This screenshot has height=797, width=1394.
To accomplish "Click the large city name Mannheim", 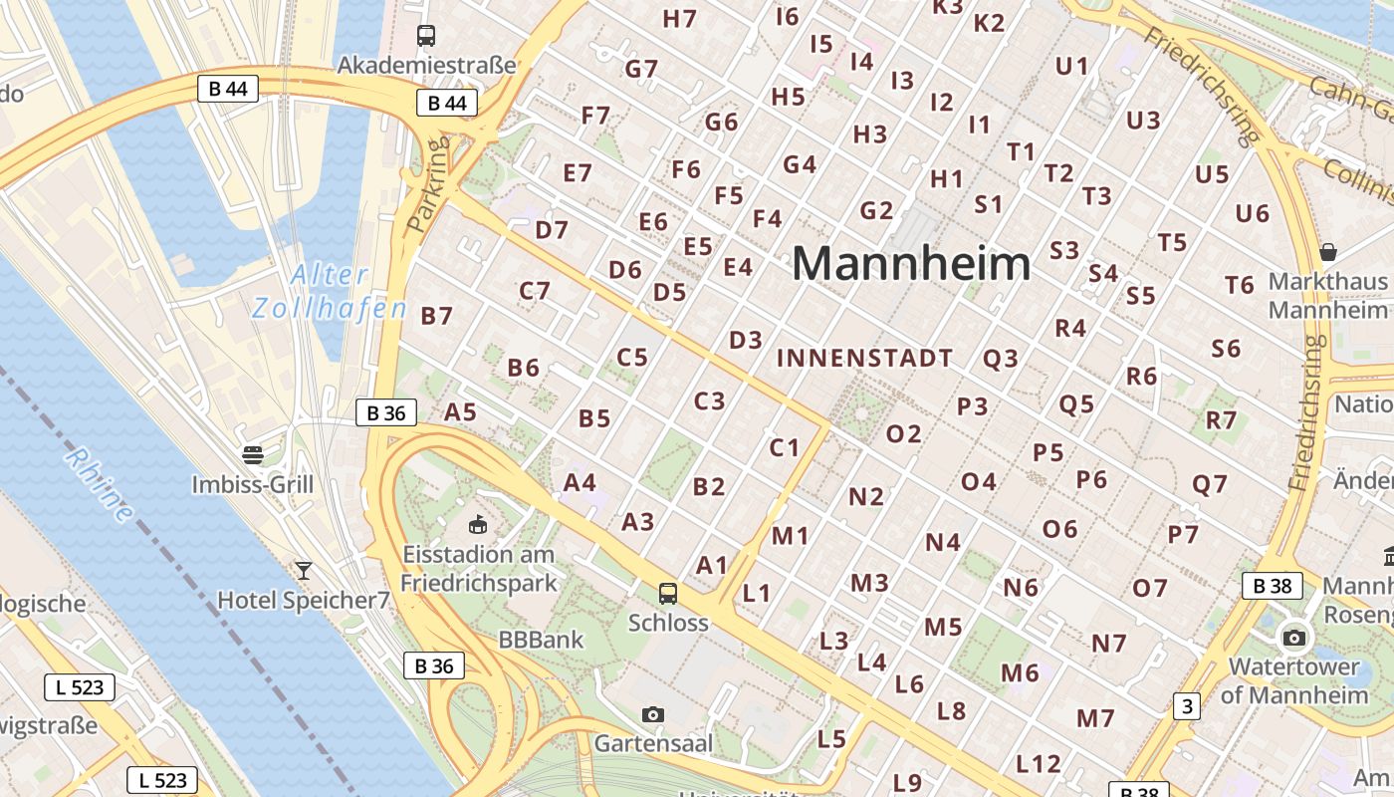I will [x=911, y=264].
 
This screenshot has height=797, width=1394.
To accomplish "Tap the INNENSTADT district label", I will [x=864, y=358].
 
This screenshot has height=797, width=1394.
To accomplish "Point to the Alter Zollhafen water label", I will [x=330, y=291].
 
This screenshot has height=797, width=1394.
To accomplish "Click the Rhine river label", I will [x=100, y=485].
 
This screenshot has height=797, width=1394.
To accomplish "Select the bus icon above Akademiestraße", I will [x=426, y=36].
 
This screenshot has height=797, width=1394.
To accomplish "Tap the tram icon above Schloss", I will [x=668, y=594].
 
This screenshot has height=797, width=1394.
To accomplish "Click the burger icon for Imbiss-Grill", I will [x=253, y=455].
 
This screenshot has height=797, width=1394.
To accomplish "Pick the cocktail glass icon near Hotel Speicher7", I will [x=304, y=570].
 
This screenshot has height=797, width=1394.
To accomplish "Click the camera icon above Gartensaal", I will [x=653, y=714].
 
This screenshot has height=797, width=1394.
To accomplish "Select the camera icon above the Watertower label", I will [x=1294, y=638].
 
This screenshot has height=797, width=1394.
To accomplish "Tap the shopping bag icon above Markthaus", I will [x=1327, y=251].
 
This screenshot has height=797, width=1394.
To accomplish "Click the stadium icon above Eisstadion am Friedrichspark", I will [x=478, y=523].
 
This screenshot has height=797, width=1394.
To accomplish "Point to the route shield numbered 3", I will [x=1186, y=706].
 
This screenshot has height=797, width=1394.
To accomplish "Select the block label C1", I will [x=785, y=447].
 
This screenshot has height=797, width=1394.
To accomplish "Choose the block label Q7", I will [x=1210, y=485].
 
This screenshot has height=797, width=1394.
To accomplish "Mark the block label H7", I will [x=679, y=18].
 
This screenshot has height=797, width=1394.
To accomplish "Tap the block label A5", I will [x=460, y=411].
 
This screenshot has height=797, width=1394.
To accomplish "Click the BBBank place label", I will [x=542, y=640].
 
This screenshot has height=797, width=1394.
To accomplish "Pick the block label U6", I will [x=1252, y=213].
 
